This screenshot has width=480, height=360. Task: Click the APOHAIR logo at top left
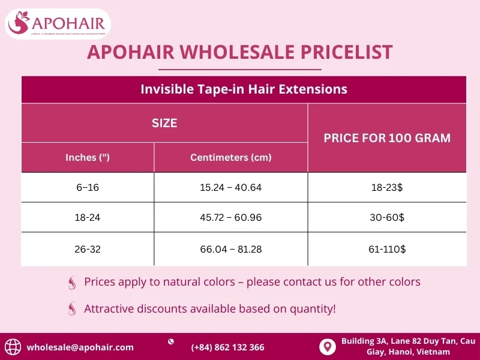tap(58, 24)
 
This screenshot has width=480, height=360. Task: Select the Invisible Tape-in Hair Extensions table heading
tap(244, 89)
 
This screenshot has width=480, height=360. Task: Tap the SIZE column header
tap(164, 123)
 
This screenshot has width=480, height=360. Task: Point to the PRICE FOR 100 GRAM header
tap(387, 138)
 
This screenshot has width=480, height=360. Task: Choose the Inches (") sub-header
tap(88, 158)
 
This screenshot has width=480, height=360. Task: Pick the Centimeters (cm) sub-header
tap(231, 158)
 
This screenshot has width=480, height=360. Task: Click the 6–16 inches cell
tap(88, 188)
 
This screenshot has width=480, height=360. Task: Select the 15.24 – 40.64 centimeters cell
tap(231, 188)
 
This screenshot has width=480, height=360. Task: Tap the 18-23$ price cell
tap(387, 188)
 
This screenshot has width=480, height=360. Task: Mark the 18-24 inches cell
tap(88, 218)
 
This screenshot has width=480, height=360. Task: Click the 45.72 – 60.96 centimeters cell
tap(231, 218)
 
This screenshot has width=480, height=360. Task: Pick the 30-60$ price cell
tap(387, 218)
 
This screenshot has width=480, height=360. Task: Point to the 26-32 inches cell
tap(88, 249)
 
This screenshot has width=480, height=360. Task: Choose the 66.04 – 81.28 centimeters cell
tap(231, 249)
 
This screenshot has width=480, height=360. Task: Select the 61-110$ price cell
tap(387, 249)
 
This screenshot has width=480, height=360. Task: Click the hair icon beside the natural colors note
tap(73, 282)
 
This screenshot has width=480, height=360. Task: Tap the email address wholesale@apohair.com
tap(80, 347)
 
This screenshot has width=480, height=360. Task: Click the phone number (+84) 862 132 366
tap(227, 347)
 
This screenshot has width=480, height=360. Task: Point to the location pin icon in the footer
tap(327, 347)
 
